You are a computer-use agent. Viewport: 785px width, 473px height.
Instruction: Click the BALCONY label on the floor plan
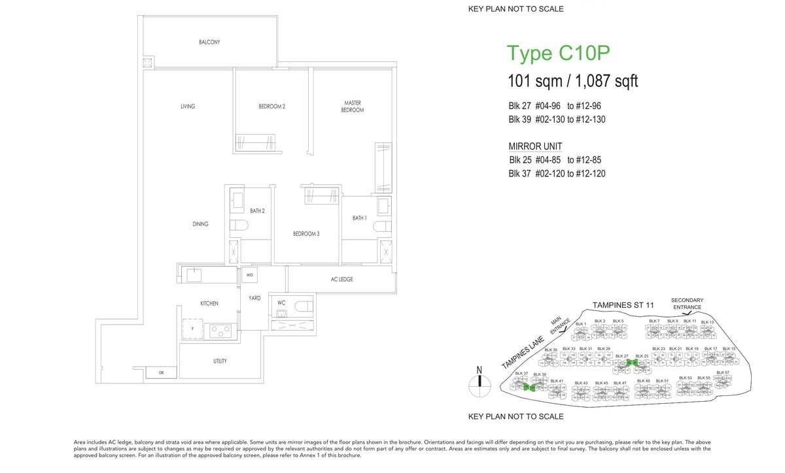tap(209, 42)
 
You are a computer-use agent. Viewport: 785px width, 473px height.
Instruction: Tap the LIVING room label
tap(188, 106)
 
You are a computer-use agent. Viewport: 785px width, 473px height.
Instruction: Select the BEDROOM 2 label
tap(272, 106)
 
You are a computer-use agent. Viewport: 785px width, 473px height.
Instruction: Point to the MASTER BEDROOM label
tap(352, 106)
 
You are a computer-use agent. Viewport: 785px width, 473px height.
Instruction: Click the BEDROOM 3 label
tap(306, 234)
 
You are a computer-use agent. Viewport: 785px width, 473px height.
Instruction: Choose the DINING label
tap(200, 224)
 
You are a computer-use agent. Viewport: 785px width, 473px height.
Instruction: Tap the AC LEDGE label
tap(341, 280)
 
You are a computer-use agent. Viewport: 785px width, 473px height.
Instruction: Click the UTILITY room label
tap(220, 361)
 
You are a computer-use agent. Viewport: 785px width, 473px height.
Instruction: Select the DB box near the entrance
tap(152, 372)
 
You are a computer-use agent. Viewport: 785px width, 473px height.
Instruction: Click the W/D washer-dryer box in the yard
tap(250, 276)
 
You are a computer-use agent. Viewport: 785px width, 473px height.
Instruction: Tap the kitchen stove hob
tap(220, 331)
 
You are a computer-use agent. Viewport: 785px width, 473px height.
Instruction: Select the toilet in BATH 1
tap(381, 226)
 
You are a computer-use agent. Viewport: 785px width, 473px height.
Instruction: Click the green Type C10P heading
tap(559, 54)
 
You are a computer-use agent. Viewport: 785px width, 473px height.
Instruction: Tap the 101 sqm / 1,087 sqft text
tap(572, 82)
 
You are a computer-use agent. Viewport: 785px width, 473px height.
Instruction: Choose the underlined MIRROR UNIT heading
tap(535, 146)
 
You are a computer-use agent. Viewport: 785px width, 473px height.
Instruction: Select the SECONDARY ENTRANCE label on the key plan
tap(687, 304)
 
